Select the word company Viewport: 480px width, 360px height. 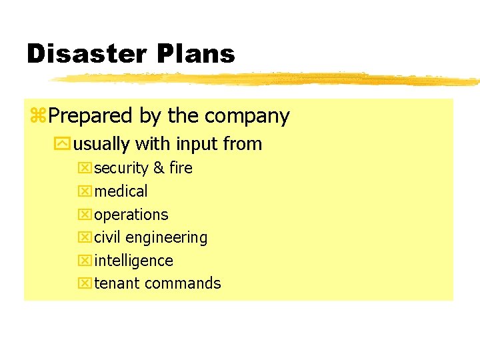click(247, 117)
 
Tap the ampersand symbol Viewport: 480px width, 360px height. click(159, 168)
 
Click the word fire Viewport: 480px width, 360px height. click(181, 168)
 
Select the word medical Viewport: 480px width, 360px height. click(121, 191)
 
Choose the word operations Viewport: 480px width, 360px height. click(131, 215)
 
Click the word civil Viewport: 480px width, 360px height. click(108, 237)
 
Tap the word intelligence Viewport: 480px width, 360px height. click(134, 261)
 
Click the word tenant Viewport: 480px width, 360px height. click(117, 283)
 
